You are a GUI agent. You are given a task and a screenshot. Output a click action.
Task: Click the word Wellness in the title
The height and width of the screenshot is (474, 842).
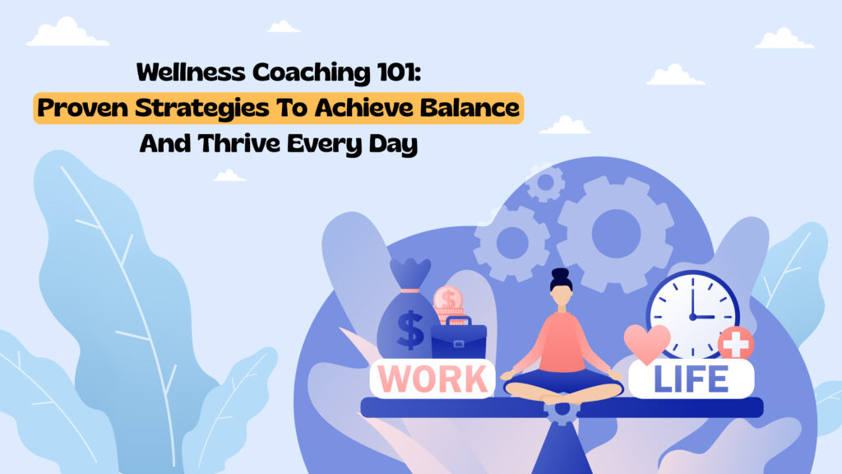pyautogui.click(x=191, y=72)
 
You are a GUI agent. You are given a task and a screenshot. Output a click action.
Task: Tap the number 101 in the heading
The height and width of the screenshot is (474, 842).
pyautogui.click(x=399, y=72)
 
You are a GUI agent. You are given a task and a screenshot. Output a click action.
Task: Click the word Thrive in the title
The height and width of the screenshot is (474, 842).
pyautogui.click(x=239, y=143)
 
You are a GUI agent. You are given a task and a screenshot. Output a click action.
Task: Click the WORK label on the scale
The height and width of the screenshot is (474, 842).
pyautogui.click(x=433, y=379)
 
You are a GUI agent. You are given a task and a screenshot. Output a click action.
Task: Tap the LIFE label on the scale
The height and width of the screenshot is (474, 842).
pyautogui.click(x=691, y=379)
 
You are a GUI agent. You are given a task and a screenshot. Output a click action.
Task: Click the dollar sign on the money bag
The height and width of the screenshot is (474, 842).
pyautogui.click(x=410, y=330)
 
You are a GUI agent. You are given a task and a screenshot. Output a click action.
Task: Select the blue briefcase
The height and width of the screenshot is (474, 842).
pyautogui.click(x=459, y=338)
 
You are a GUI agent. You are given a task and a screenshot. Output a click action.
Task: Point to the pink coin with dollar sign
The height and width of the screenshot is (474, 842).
pyautogui.click(x=448, y=299)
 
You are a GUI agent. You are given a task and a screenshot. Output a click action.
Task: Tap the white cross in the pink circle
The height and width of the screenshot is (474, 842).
pyautogui.click(x=736, y=342)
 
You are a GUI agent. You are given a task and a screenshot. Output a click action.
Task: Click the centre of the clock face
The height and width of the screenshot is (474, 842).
pyautogui.click(x=692, y=317)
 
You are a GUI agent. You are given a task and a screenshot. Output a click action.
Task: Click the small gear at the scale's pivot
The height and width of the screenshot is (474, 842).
pyautogui.click(x=562, y=410)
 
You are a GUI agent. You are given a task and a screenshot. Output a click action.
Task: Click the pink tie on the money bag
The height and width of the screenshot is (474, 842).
pyautogui.click(x=409, y=290)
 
